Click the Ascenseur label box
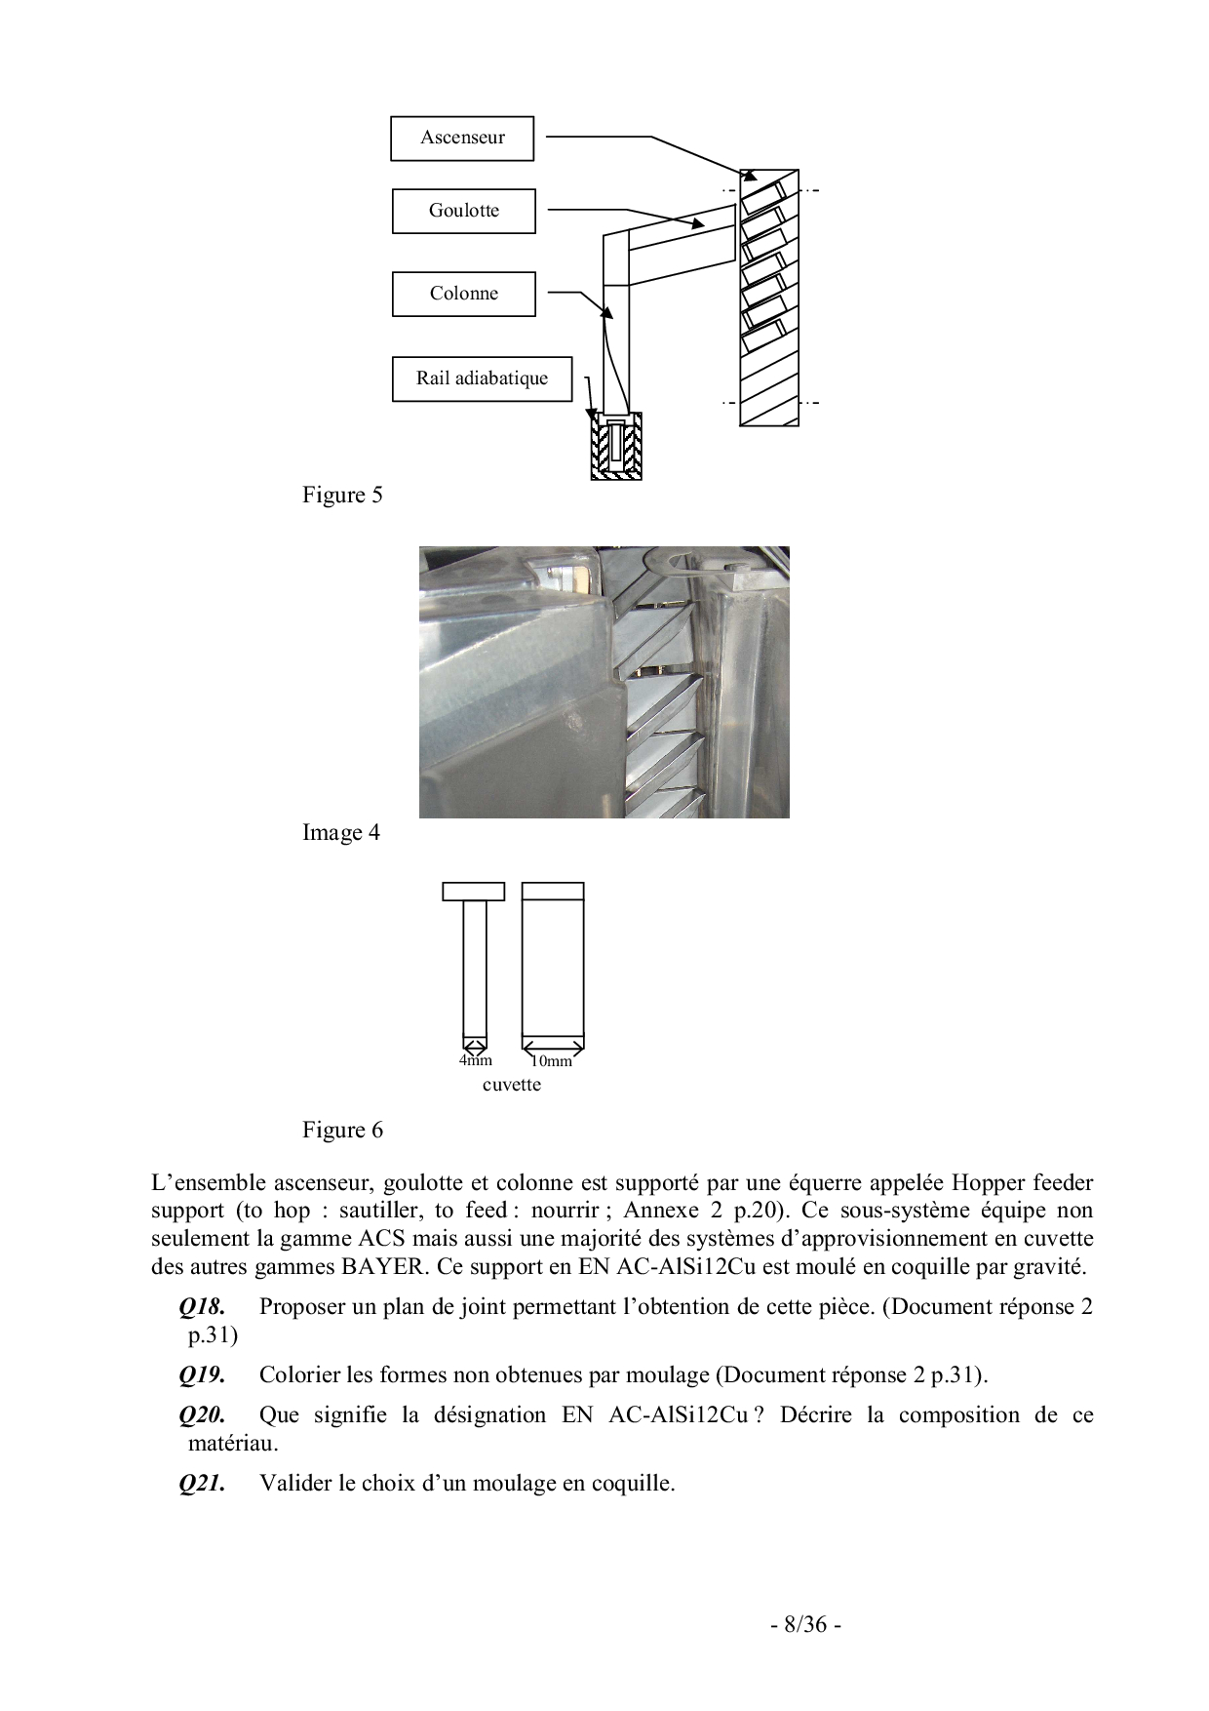tap(462, 139)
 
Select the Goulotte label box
tap(464, 211)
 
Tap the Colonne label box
tap(464, 294)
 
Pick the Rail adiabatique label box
tap(482, 378)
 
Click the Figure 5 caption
tap(342, 496)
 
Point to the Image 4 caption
tap(341, 833)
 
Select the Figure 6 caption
tap(342, 1131)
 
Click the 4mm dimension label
tap(476, 1060)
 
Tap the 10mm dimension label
tap(551, 1061)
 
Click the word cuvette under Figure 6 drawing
tap(511, 1085)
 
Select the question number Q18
tap(202, 1307)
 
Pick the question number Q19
tap(202, 1375)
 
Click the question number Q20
tap(202, 1415)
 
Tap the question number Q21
tap(202, 1484)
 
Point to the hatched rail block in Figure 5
tap(616, 447)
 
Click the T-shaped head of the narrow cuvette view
tap(474, 891)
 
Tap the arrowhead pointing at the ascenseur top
tap(750, 177)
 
